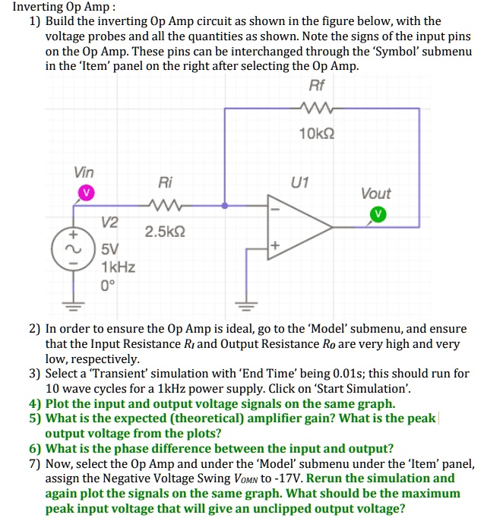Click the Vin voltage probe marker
pyautogui.click(x=85, y=193)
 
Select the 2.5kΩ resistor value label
pyautogui.click(x=164, y=230)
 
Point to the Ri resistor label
pyautogui.click(x=165, y=183)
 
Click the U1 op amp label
pyautogui.click(x=300, y=182)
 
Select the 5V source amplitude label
pyautogui.click(x=109, y=248)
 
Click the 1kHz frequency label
pyautogui.click(x=118, y=267)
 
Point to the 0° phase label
pyautogui.click(x=109, y=286)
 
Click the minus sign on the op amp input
pyautogui.click(x=275, y=206)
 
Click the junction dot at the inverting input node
pyautogui.click(x=224, y=205)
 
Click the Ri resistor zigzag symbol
pyautogui.click(x=165, y=205)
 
